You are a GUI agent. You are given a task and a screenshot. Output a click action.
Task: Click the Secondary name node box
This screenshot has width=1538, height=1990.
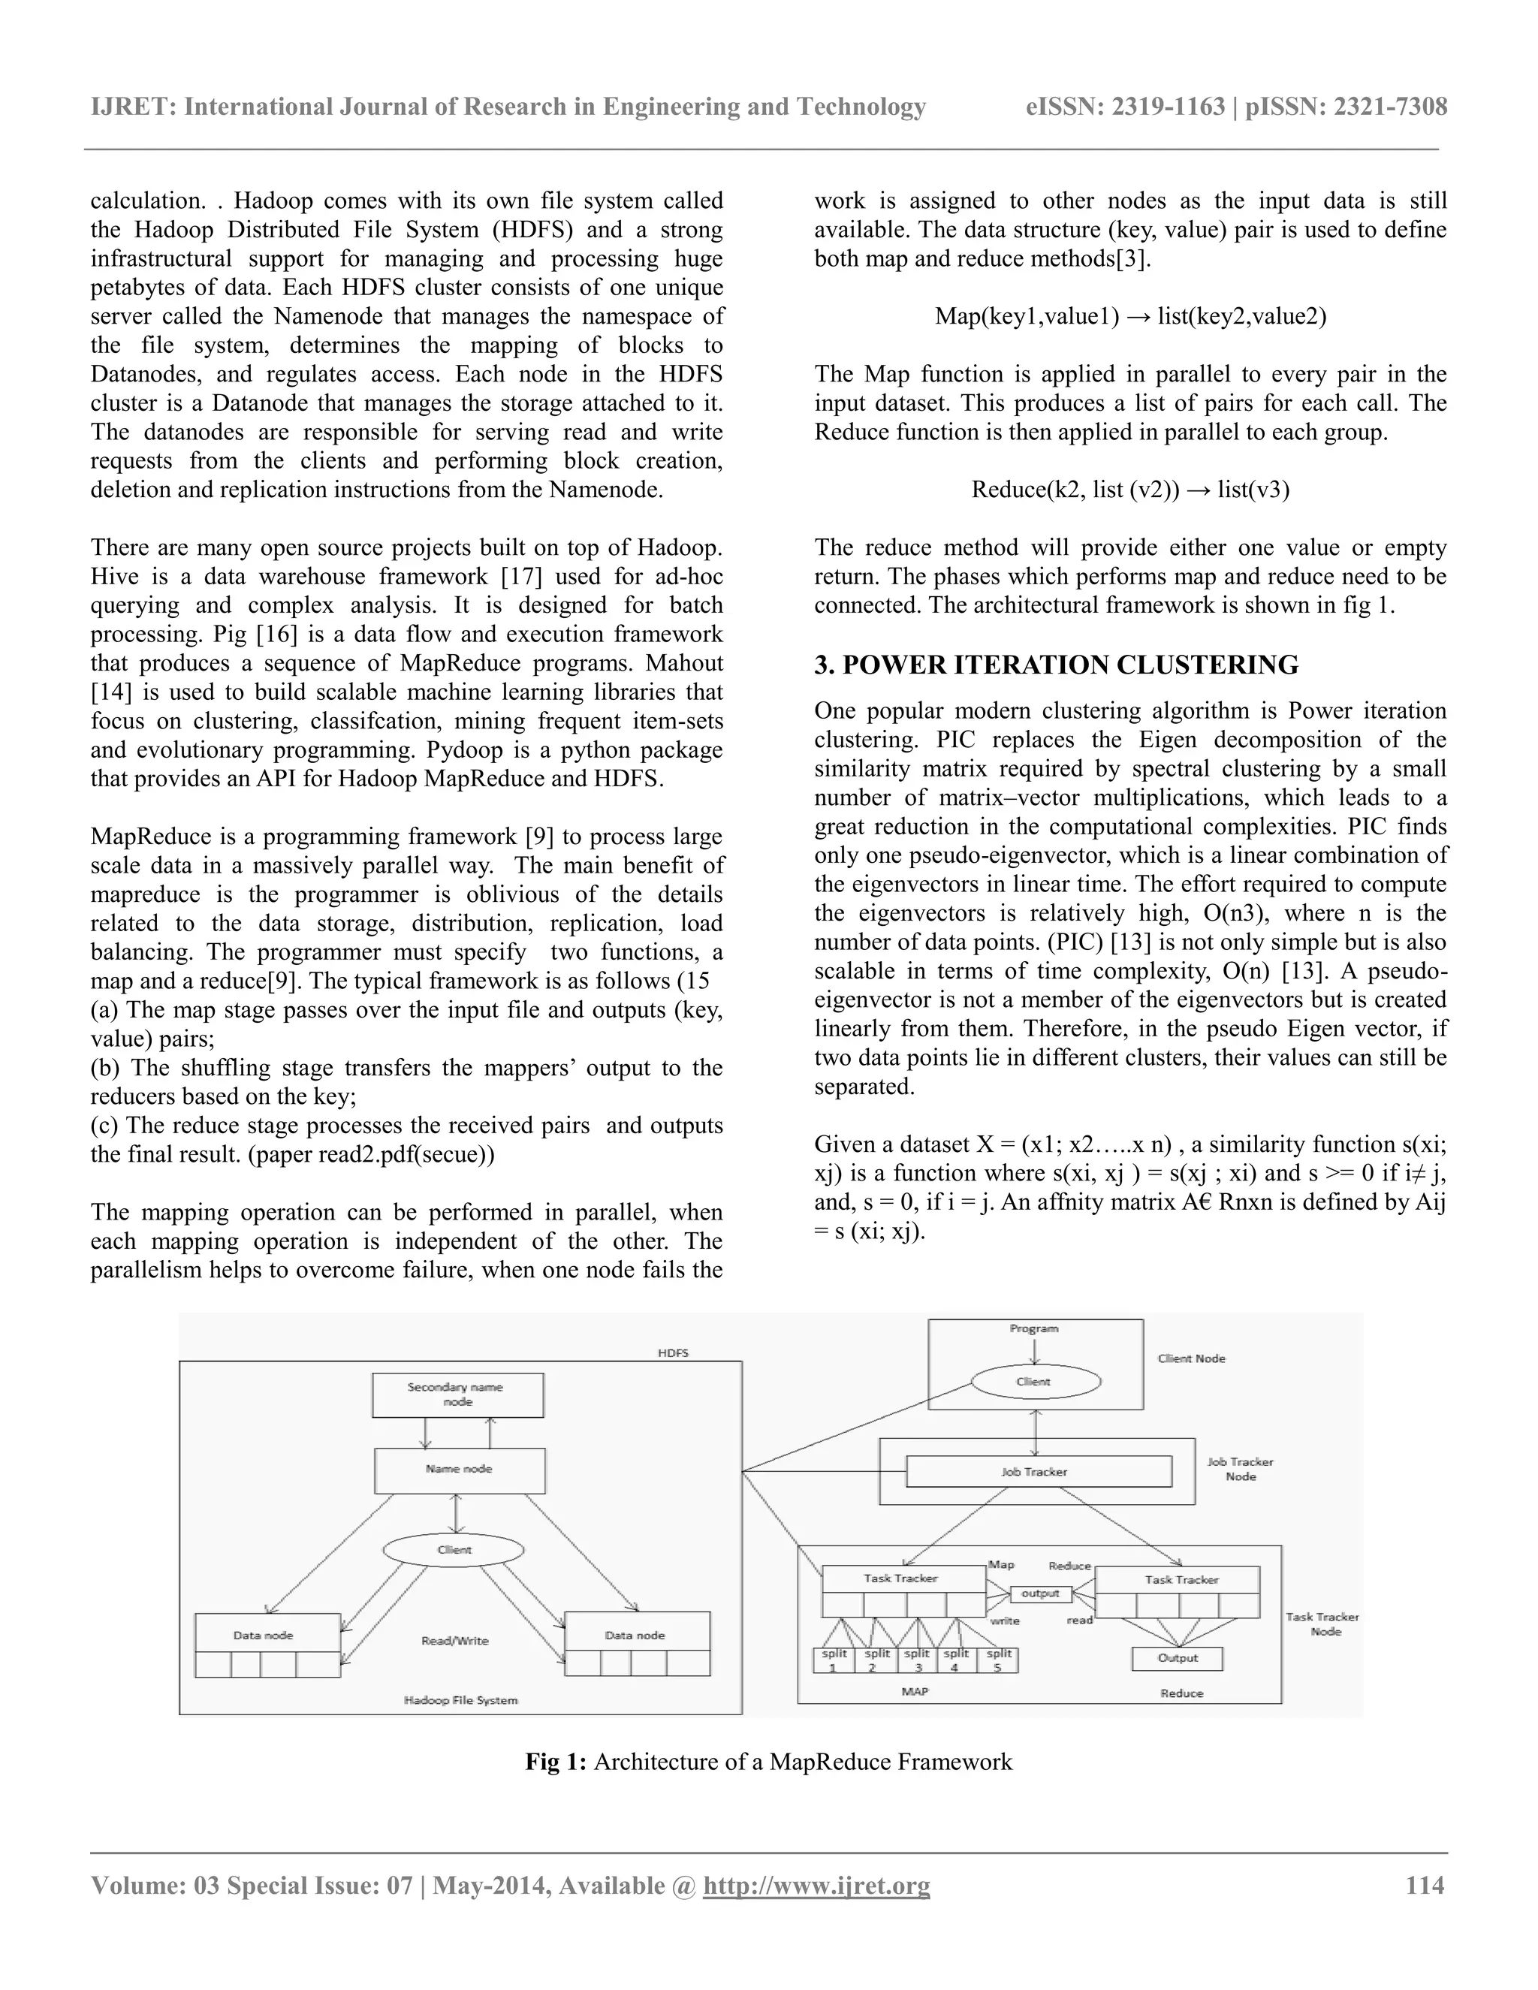point(457,1394)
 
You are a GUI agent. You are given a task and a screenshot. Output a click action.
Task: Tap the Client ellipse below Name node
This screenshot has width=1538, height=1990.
point(454,1550)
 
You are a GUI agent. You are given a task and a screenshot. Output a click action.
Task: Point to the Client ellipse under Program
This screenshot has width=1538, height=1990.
point(1035,1381)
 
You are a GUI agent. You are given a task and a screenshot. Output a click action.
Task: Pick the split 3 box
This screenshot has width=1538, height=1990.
point(917,1660)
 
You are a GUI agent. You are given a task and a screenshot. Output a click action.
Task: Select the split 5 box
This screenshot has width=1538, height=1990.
point(998,1660)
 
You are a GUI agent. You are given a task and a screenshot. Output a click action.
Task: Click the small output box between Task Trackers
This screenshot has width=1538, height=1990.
point(1041,1594)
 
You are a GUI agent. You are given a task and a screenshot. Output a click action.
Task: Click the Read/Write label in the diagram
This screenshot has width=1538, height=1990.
point(454,1641)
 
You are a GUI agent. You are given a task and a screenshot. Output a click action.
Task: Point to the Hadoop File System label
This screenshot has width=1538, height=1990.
point(460,1700)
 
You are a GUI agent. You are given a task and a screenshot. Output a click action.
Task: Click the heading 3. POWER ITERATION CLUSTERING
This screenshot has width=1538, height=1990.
point(1056,665)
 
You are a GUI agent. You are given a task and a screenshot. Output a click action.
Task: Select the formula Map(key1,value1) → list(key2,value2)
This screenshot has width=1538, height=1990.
point(1129,316)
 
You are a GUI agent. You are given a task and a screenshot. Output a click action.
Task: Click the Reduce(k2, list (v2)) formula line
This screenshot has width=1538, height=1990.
point(1129,490)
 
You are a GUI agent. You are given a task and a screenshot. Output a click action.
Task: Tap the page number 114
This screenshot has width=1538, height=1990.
point(1425,1885)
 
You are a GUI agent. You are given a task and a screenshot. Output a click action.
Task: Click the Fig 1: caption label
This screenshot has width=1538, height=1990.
point(556,1761)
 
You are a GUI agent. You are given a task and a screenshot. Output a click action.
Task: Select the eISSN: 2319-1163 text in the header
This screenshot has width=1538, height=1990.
point(1125,107)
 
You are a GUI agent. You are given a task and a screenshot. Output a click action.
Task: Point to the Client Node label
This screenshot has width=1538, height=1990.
point(1192,1358)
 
